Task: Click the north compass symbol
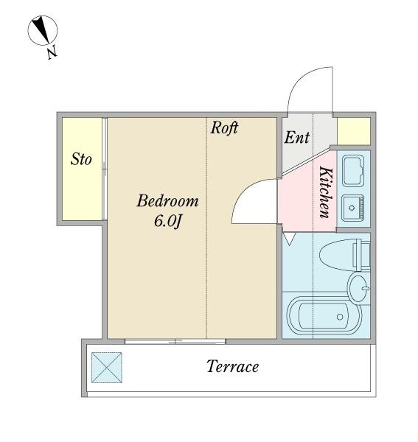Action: pyautogui.click(x=43, y=30)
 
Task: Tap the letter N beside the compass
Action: pyautogui.click(x=52, y=52)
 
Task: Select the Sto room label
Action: pyautogui.click(x=81, y=159)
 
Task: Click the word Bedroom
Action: pyautogui.click(x=167, y=201)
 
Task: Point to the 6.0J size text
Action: pyautogui.click(x=167, y=221)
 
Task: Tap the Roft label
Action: pyautogui.click(x=224, y=127)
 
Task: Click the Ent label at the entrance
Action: pyautogui.click(x=296, y=138)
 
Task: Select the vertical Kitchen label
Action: pyautogui.click(x=326, y=192)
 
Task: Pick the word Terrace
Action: pyautogui.click(x=233, y=366)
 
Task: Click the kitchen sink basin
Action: pyautogui.click(x=353, y=171)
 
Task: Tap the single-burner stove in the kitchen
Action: pyautogui.click(x=353, y=208)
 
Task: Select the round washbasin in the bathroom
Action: pyautogui.click(x=359, y=288)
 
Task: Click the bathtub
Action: pyautogui.click(x=324, y=315)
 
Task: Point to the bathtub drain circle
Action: pyautogui.click(x=340, y=317)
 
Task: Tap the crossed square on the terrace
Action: pyautogui.click(x=107, y=368)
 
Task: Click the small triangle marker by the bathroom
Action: pyautogui.click(x=289, y=238)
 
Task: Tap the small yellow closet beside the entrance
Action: pyautogui.click(x=354, y=131)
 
